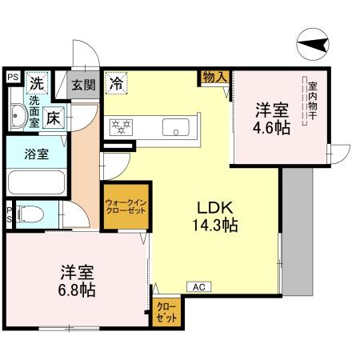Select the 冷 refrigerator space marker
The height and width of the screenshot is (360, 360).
117,82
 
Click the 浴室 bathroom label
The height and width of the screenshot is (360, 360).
34,154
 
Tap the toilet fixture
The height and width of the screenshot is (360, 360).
30,214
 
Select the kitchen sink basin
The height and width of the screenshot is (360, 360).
175,126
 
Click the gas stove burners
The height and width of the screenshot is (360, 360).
122,126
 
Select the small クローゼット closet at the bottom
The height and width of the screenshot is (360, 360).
166,311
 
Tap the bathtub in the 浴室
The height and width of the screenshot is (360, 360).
36,182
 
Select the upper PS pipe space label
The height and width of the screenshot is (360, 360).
12,77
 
